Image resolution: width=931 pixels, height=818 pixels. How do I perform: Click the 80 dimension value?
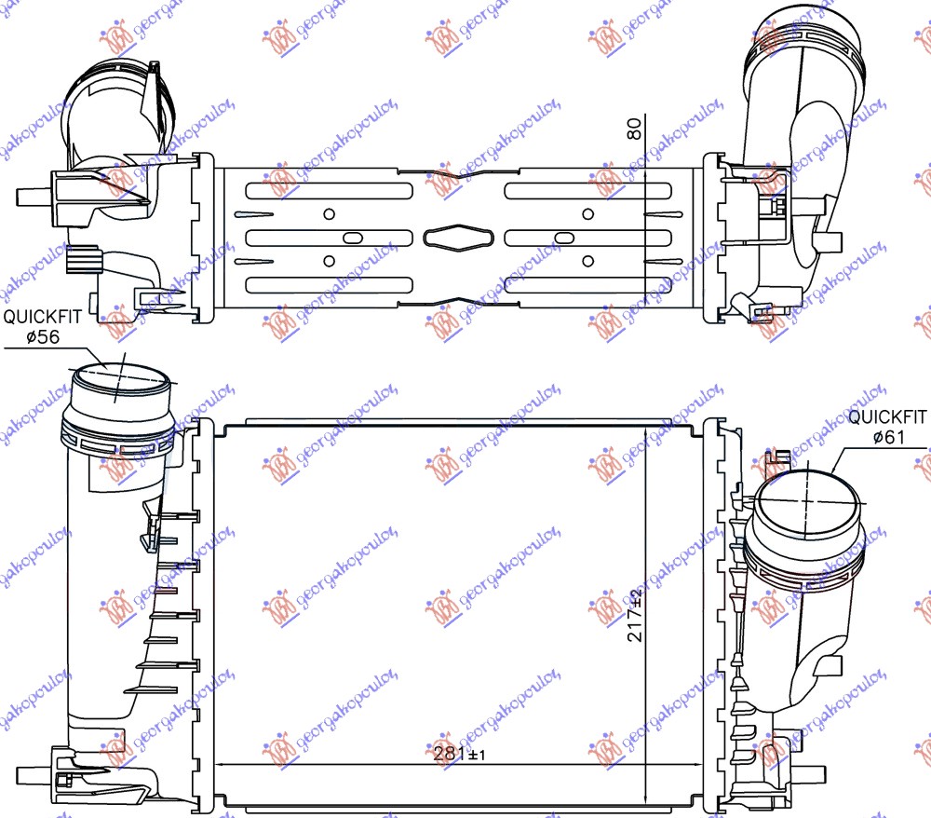635,130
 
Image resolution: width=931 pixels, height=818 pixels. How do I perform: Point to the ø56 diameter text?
43,337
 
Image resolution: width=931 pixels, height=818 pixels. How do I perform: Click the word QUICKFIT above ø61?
888,418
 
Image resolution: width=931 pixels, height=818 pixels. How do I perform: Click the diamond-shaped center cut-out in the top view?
456,237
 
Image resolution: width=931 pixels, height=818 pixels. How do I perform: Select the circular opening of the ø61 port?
806,504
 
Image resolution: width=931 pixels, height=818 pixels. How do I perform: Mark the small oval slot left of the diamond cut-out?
355,237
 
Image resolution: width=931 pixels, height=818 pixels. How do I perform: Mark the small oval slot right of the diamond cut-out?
560,237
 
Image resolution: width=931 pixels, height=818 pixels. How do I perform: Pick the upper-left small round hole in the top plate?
328,213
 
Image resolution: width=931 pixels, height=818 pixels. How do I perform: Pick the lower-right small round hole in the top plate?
587,260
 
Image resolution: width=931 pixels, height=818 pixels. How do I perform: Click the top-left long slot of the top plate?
329,191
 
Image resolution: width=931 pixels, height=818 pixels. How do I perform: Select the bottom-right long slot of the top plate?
587,283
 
